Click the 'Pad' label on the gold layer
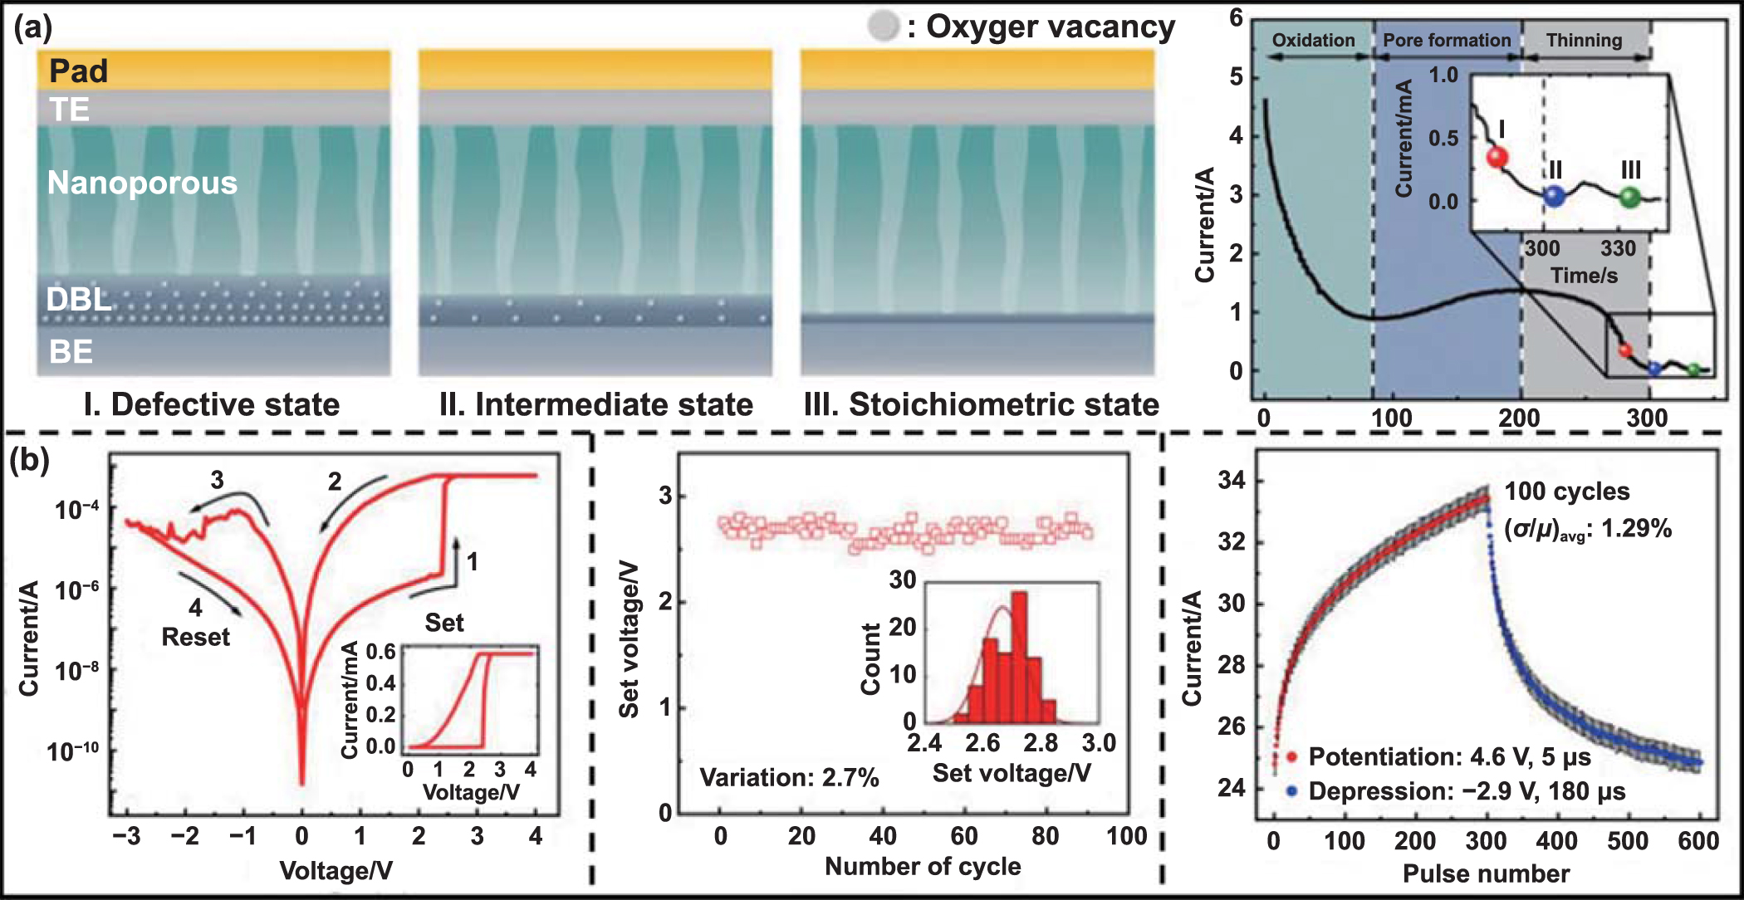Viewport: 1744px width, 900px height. tap(78, 71)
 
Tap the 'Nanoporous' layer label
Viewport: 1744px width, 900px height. tap(142, 183)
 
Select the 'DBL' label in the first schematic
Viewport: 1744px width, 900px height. tap(78, 299)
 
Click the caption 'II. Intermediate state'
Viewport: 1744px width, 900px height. tap(595, 404)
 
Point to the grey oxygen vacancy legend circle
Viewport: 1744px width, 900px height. tap(883, 26)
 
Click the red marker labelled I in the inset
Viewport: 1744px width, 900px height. tap(1497, 157)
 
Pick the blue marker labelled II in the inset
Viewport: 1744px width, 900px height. tap(1554, 197)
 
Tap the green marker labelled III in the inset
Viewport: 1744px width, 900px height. tap(1630, 197)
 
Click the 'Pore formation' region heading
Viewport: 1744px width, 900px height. tap(1446, 40)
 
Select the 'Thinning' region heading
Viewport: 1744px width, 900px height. tap(1583, 40)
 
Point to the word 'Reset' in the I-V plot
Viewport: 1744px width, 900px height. tap(195, 637)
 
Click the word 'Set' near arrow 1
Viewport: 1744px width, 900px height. tap(443, 623)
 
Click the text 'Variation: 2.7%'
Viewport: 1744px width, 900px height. tap(788, 777)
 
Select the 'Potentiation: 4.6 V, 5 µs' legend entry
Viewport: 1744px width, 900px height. tap(1448, 756)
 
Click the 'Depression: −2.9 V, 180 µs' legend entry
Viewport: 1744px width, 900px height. tap(1466, 791)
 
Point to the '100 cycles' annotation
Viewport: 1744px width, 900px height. tap(1566, 492)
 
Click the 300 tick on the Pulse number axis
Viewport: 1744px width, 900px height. tap(1486, 841)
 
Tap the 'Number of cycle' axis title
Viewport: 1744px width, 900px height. tap(922, 866)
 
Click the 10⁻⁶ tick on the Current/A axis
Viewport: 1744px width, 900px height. tap(76, 590)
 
